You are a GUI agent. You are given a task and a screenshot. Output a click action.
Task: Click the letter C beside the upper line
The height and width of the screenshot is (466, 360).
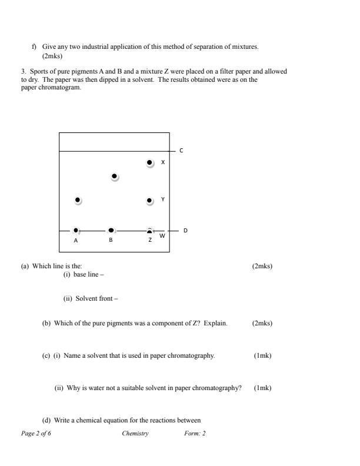(181, 151)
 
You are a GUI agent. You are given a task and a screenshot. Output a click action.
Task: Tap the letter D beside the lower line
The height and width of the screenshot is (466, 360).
(185, 231)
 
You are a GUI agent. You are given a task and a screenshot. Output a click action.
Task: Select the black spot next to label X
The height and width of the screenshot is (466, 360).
(149, 162)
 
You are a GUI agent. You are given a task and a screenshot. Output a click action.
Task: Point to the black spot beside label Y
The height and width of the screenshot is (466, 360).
(149, 201)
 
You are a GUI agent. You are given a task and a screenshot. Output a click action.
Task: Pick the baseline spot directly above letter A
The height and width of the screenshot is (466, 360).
(76, 230)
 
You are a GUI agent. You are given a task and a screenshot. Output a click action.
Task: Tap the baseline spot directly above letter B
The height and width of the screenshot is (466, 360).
(111, 230)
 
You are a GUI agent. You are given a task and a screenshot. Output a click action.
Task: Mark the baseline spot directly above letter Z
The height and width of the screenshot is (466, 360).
(149, 231)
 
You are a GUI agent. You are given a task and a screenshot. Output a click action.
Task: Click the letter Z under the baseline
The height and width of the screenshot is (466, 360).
(150, 240)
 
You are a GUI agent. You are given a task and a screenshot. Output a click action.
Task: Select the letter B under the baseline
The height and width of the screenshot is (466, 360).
(111, 240)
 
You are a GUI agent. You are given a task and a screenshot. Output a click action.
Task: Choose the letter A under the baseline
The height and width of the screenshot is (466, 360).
(76, 240)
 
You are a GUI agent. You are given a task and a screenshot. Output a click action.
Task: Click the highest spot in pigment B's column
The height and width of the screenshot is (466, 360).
(114, 176)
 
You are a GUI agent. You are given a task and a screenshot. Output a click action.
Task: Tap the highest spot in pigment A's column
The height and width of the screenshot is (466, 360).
(78, 200)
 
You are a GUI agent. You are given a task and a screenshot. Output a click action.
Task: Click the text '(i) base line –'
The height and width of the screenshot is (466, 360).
(84, 274)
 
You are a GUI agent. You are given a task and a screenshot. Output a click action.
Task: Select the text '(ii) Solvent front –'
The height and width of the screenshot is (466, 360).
(91, 298)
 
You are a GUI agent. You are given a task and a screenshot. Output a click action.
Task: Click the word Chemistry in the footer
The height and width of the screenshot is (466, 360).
(135, 434)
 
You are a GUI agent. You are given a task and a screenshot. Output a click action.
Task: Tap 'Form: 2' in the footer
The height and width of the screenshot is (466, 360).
(195, 434)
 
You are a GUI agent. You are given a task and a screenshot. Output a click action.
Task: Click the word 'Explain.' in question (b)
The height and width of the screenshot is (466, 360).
(216, 323)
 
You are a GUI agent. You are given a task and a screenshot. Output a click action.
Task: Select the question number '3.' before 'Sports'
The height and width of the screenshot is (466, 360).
(24, 72)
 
